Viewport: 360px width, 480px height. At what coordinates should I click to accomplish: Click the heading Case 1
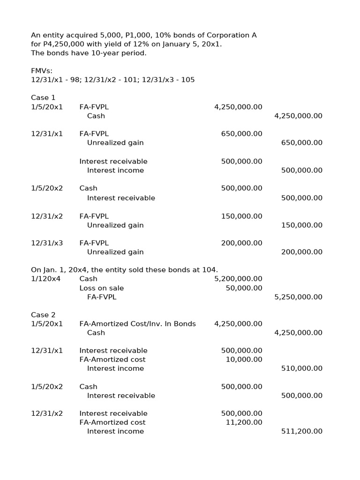(43, 97)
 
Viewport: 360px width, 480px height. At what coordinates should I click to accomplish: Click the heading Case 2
(43, 315)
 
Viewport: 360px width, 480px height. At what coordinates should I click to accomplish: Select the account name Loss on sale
(101, 288)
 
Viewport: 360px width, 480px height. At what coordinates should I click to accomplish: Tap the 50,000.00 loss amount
(244, 288)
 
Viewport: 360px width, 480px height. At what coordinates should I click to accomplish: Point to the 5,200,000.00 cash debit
(238, 278)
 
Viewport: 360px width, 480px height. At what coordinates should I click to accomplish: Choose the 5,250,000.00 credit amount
(298, 297)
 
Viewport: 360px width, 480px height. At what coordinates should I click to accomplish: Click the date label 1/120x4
(46, 278)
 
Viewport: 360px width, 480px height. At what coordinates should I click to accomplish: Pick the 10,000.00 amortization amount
(244, 360)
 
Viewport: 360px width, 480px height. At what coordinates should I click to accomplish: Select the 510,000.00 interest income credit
(301, 368)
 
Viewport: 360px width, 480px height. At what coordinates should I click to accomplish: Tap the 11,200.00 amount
(244, 422)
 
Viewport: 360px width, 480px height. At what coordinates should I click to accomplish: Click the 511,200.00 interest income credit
(301, 431)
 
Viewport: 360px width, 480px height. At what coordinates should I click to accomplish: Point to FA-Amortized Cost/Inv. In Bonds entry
(137, 323)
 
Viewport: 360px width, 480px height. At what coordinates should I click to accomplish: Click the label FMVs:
(42, 71)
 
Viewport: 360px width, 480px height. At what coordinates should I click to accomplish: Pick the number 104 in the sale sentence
(210, 270)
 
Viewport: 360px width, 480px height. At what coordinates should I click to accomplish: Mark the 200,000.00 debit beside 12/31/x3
(241, 243)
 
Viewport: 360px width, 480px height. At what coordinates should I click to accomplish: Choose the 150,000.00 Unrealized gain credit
(301, 225)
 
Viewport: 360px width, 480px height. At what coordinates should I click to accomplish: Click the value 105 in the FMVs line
(187, 80)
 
